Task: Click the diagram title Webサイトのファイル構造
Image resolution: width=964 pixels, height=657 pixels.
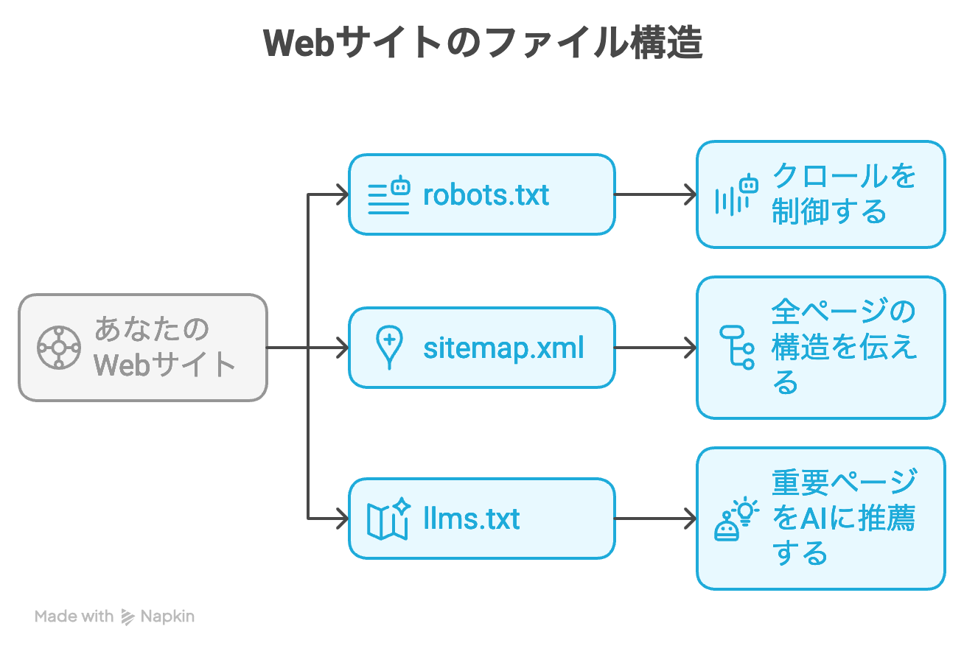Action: pyautogui.click(x=483, y=42)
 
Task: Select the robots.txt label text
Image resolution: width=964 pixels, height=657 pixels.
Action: pyautogui.click(x=486, y=195)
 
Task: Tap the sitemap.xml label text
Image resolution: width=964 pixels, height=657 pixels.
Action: pyautogui.click(x=503, y=348)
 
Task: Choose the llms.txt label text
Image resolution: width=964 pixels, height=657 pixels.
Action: pyautogui.click(x=472, y=519)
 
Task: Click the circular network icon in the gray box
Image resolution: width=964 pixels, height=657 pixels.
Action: pyautogui.click(x=59, y=348)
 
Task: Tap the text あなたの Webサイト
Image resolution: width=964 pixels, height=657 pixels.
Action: pyautogui.click(x=164, y=347)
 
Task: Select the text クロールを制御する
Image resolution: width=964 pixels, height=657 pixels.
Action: pyautogui.click(x=843, y=194)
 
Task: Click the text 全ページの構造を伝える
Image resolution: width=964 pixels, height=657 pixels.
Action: pyautogui.click(x=843, y=347)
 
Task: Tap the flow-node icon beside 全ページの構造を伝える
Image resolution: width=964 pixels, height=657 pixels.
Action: pyautogui.click(x=737, y=348)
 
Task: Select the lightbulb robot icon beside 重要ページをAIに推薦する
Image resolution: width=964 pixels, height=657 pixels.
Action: pyautogui.click(x=736, y=518)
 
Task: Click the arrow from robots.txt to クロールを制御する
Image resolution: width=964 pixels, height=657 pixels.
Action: pyautogui.click(x=655, y=194)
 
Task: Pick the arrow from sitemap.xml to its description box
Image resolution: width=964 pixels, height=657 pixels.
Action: pyautogui.click(x=655, y=348)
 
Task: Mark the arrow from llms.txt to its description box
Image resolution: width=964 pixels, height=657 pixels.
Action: pyautogui.click(x=655, y=519)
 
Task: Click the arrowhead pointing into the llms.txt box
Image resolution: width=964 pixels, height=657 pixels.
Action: pyautogui.click(x=343, y=519)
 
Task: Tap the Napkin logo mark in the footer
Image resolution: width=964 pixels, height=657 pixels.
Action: pyautogui.click(x=128, y=617)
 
